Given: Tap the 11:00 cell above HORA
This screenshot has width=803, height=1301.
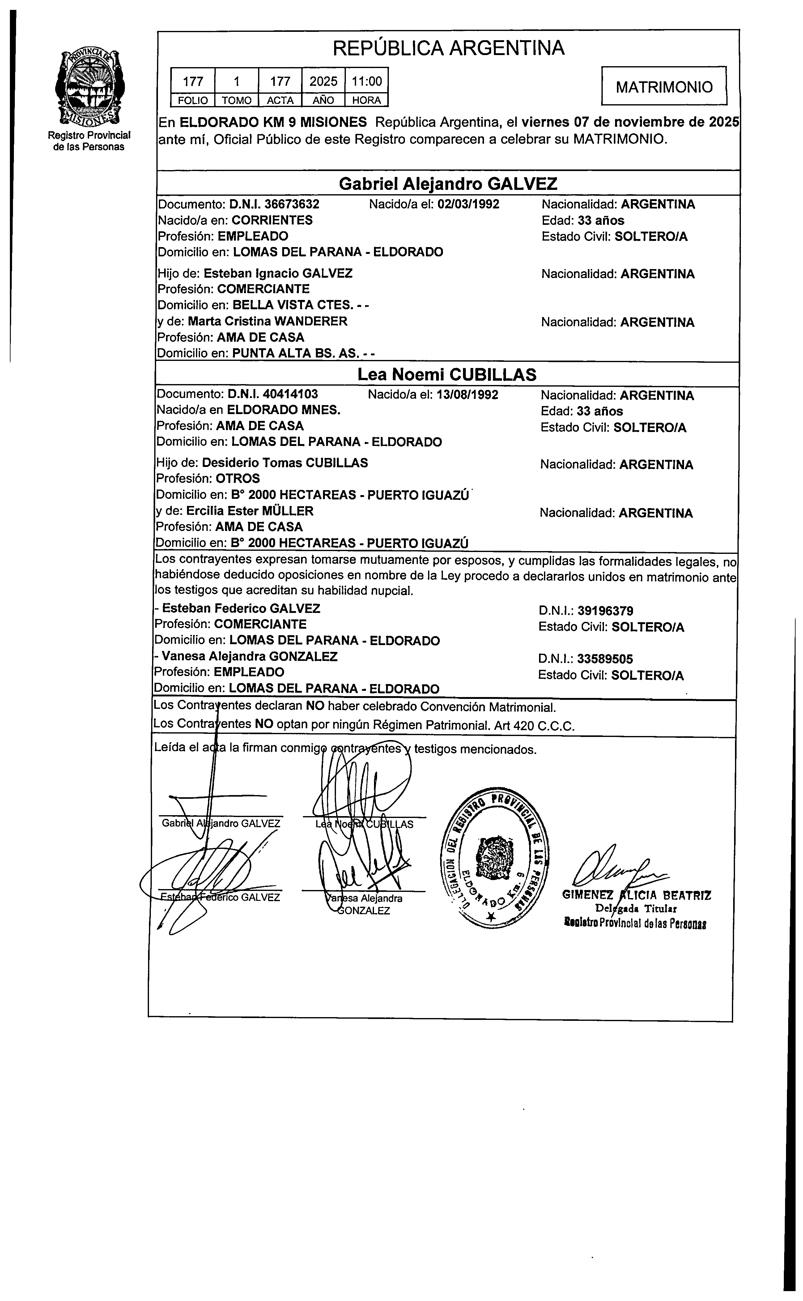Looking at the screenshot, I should point(367,81).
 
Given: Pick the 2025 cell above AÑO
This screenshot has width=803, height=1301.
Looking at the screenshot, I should point(323,81).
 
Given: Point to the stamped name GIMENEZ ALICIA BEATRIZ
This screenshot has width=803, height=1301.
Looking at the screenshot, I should point(636,895).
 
